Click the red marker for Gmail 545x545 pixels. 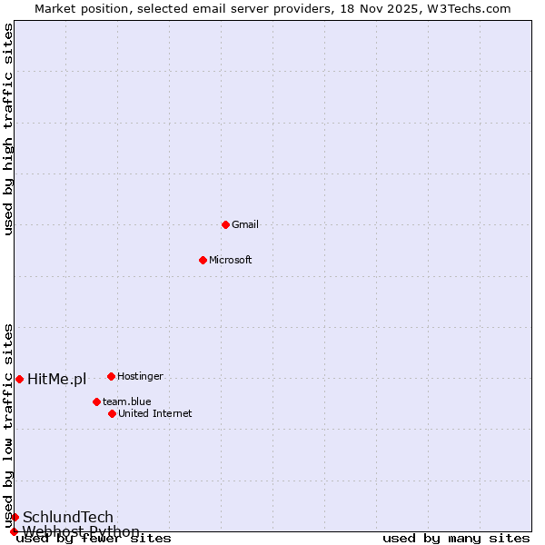point(225,224)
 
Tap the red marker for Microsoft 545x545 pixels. point(203,260)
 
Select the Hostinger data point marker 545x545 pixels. point(111,376)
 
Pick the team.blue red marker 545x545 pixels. point(96,401)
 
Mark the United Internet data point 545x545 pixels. point(112,413)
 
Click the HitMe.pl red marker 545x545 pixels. point(19,379)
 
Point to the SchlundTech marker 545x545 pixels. point(15,517)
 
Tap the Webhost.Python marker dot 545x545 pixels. point(14,531)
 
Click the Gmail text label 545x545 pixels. point(245,224)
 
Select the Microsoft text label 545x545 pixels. point(231,260)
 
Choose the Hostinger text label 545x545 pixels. point(140,376)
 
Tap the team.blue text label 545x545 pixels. point(127,401)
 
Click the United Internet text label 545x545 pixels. point(154,413)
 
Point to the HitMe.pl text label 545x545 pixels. point(56,379)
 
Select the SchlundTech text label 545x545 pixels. point(68,517)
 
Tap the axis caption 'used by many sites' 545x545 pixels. point(456,538)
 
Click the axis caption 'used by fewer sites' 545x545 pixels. point(94,538)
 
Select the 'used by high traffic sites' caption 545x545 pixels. point(8,129)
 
